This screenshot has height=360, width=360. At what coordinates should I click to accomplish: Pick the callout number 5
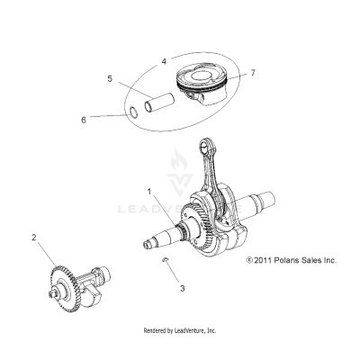point(110,79)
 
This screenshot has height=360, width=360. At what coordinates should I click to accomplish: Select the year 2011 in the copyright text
point(265,260)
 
